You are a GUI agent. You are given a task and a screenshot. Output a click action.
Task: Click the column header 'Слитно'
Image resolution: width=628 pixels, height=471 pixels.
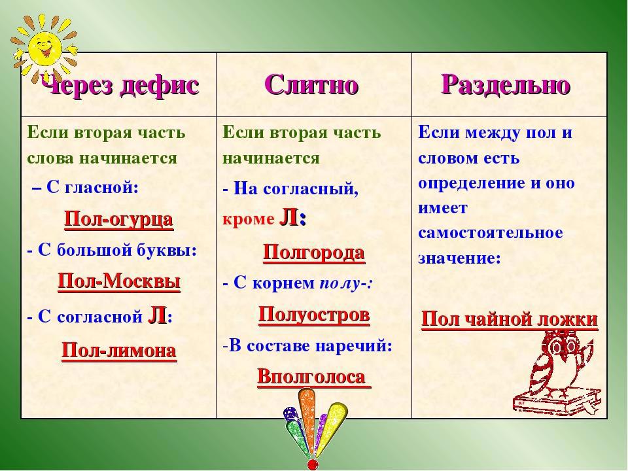pos(311,85)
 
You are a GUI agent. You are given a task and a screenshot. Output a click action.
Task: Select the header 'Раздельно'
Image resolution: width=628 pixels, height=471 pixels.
pos(506,85)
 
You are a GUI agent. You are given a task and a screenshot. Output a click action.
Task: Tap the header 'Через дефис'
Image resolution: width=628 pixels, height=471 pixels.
pos(120,85)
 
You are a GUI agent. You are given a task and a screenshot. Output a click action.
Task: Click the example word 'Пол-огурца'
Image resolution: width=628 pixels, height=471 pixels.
pos(118,220)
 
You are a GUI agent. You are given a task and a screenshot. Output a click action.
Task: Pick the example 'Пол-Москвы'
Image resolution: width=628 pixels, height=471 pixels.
pos(119,281)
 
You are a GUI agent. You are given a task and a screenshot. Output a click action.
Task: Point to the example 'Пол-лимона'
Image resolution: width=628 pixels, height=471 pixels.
pos(119,351)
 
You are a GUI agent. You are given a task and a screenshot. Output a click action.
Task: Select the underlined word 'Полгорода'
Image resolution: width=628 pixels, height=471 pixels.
pos(314,253)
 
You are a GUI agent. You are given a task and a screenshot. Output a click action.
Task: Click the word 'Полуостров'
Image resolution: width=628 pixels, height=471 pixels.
pos(314,315)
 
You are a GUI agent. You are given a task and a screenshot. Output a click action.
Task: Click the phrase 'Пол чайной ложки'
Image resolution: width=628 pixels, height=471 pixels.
pos(510,320)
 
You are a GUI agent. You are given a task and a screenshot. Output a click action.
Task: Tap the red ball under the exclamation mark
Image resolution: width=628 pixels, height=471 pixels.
pos(312,464)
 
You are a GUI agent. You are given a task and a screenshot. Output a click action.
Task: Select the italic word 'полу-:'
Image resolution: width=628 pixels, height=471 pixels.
pos(347,283)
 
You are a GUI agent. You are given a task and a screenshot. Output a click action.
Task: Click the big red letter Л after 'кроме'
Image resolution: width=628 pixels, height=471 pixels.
pos(288,218)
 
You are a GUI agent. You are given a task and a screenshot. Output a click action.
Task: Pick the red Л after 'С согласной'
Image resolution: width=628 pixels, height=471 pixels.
pos(158,315)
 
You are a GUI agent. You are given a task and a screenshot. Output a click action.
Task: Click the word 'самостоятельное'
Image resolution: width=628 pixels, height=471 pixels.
pos(491,233)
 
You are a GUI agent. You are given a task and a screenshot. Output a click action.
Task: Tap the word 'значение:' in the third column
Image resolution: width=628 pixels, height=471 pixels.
pos(459,258)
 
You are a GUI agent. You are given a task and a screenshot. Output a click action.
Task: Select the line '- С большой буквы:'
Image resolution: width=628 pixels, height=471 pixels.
pos(112,251)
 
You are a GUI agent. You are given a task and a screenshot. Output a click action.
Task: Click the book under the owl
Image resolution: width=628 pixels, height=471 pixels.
pos(557,402)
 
